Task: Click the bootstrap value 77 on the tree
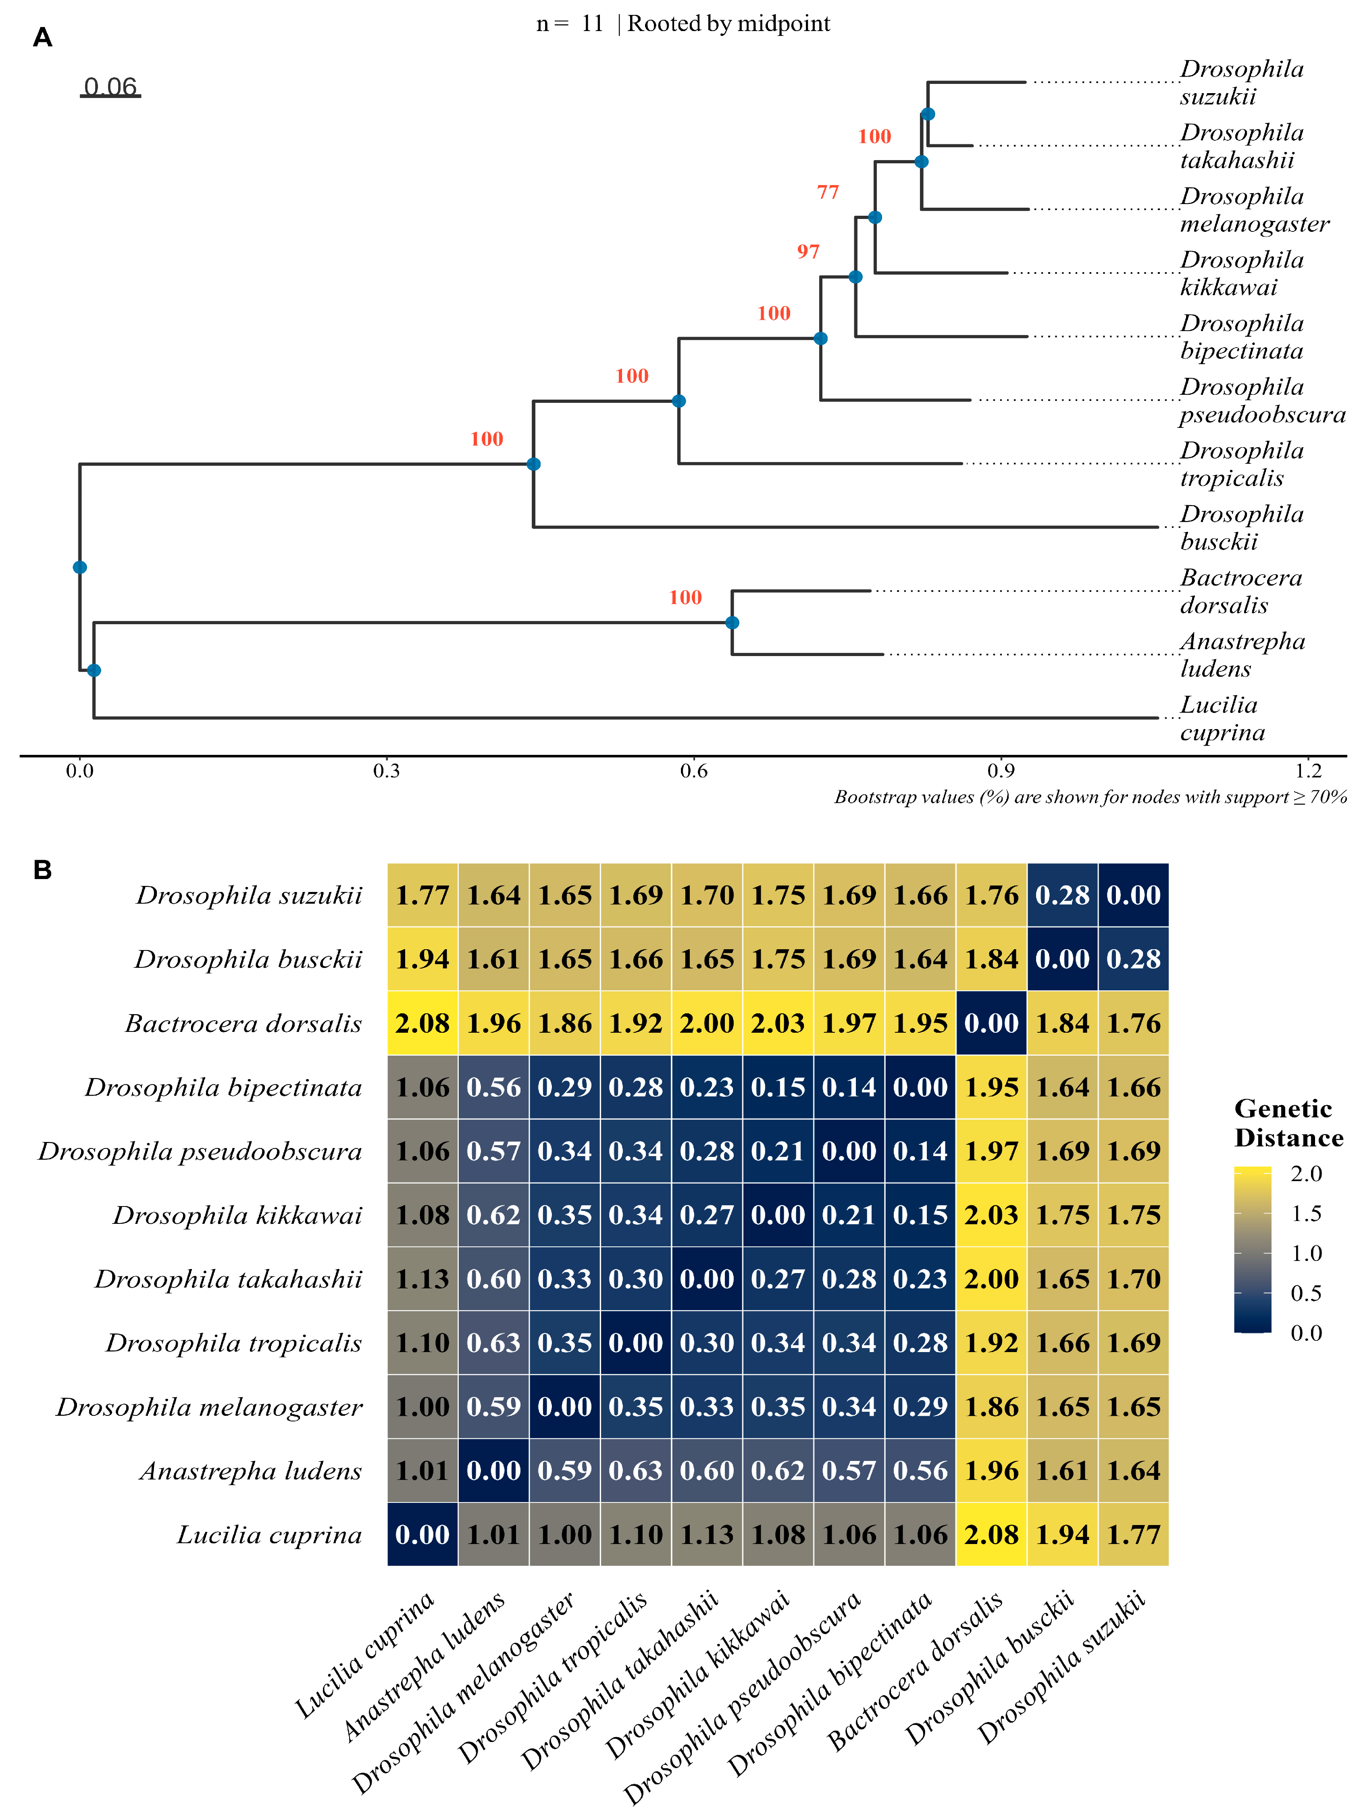pos(828,192)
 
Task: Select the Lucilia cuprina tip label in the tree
pos(1222,719)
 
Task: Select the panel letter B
pos(43,870)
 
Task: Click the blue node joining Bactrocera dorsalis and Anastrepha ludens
pos(732,623)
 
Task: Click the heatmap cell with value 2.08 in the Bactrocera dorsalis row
pos(422,1023)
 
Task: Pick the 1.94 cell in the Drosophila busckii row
pos(422,959)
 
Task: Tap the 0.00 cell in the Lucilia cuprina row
pos(422,1534)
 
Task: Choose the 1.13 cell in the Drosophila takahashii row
pos(422,1279)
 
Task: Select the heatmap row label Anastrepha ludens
pos(250,1470)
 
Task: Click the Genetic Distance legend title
pos(1288,1123)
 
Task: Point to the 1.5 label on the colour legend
pos(1306,1213)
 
